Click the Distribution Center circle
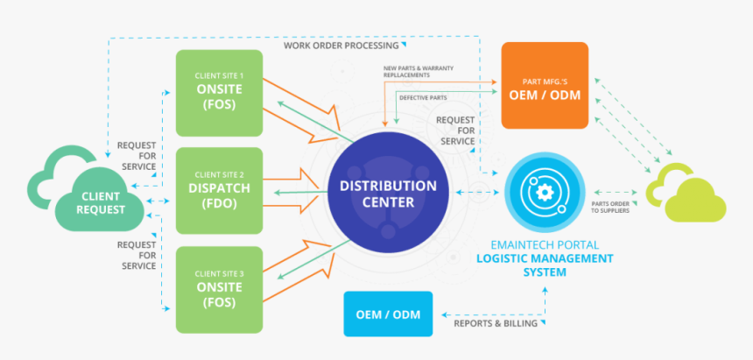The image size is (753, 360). [388, 193]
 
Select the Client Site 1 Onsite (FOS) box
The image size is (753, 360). [220, 94]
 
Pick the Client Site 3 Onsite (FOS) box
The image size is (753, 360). [220, 290]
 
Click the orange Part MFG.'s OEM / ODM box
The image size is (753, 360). [544, 85]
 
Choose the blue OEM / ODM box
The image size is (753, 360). [388, 314]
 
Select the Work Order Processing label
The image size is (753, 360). [342, 45]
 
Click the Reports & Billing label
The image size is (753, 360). [489, 324]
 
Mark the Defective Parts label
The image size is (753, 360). [424, 97]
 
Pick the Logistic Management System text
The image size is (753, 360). [545, 265]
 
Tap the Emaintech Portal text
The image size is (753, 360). [545, 245]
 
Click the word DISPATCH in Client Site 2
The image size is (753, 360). [220, 187]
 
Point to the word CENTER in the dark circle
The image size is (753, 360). [388, 202]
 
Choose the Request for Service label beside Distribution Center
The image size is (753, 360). [456, 130]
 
